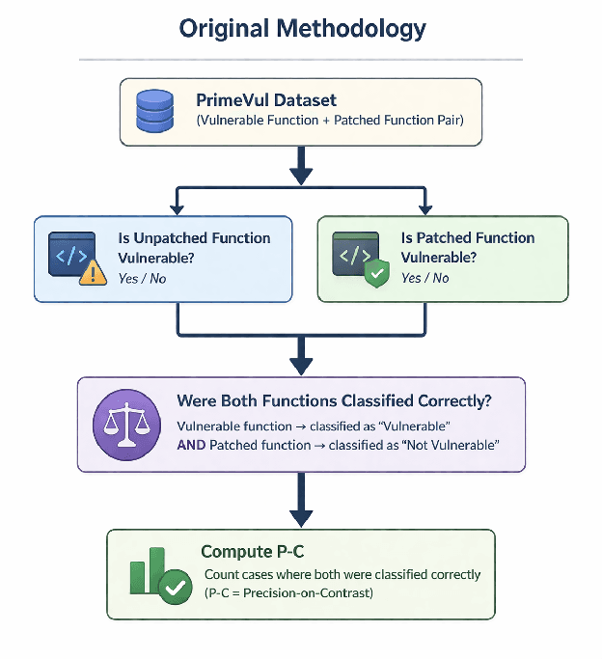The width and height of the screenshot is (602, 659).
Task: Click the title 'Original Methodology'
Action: click(302, 28)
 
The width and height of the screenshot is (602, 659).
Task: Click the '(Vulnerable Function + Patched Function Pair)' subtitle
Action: click(328, 121)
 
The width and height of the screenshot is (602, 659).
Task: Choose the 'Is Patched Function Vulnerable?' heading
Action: click(468, 248)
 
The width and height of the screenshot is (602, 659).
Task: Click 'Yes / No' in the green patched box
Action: click(425, 278)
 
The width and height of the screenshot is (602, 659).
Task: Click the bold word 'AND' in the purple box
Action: click(191, 445)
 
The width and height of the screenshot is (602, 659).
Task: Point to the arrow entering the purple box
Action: click(301, 362)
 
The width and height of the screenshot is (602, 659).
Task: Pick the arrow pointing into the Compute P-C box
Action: click(301, 506)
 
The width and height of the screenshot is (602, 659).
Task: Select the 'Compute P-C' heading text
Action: click(250, 552)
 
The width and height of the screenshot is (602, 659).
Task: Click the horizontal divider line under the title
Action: click(301, 60)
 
